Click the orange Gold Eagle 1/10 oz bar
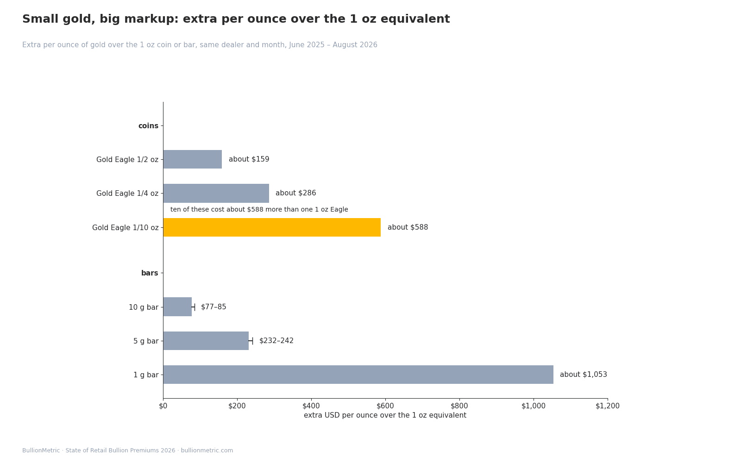click(272, 227)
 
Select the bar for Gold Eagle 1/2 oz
click(193, 159)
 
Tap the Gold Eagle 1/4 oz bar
click(216, 193)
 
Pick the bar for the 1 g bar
click(358, 375)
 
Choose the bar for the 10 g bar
click(177, 307)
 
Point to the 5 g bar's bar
click(206, 341)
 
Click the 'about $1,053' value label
click(584, 375)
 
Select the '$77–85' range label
click(214, 307)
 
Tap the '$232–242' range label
click(276, 341)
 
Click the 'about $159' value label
click(249, 159)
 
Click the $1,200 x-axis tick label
click(608, 406)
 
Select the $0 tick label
click(163, 406)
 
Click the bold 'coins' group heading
click(148, 125)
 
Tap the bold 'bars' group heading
click(150, 273)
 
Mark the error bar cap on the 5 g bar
click(252, 341)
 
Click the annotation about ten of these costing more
click(259, 209)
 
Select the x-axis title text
click(385, 415)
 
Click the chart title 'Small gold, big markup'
click(236, 19)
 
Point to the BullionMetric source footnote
click(128, 450)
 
